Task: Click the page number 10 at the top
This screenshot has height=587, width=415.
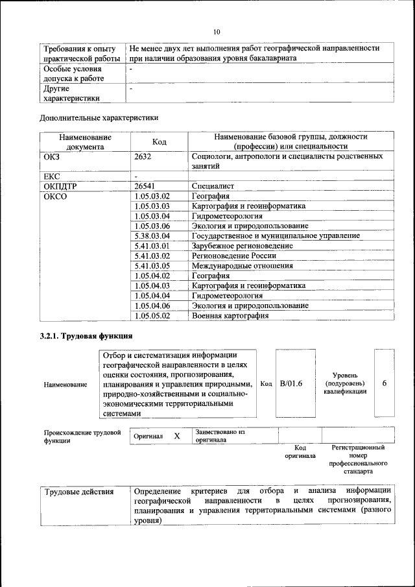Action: (x=217, y=31)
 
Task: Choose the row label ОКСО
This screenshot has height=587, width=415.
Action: (x=54, y=196)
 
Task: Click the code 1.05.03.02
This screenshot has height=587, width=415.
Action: (x=152, y=196)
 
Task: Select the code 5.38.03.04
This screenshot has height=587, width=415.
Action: (x=152, y=236)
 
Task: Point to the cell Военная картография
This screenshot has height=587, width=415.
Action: (x=230, y=316)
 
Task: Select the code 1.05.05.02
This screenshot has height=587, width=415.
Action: (x=152, y=316)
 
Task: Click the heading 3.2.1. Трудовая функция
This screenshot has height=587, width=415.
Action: (x=86, y=336)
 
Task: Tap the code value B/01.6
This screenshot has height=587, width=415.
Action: (x=291, y=383)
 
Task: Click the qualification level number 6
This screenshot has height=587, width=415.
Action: (x=385, y=383)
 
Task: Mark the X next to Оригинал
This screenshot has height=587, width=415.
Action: (x=176, y=437)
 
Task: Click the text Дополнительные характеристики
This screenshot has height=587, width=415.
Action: (x=99, y=118)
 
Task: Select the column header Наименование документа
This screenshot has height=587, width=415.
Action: (x=85, y=142)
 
